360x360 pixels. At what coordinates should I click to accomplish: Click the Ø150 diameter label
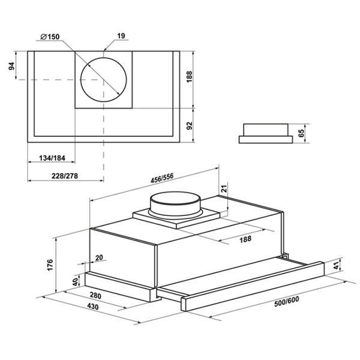click(x=50, y=37)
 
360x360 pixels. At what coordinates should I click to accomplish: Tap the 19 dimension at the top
click(x=121, y=36)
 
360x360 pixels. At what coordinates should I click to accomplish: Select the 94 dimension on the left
click(x=11, y=66)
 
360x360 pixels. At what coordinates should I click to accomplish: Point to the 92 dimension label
click(x=190, y=125)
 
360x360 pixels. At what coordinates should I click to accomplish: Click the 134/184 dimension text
click(x=52, y=158)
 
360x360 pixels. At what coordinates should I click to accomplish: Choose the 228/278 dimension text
click(x=65, y=176)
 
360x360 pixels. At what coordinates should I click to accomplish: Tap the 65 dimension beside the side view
click(x=301, y=133)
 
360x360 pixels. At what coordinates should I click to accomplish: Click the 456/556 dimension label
click(x=162, y=178)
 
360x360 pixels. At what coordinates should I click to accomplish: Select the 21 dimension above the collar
click(x=224, y=188)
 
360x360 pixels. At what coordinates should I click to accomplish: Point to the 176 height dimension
click(x=50, y=265)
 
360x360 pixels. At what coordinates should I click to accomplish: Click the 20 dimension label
click(x=99, y=258)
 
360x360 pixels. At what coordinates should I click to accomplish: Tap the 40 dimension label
click(x=75, y=282)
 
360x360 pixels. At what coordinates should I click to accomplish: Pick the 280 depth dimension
click(x=95, y=295)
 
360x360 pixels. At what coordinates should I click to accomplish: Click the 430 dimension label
click(x=93, y=306)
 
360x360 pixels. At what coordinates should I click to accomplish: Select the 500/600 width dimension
click(x=287, y=301)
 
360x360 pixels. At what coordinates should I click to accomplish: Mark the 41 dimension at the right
click(x=336, y=266)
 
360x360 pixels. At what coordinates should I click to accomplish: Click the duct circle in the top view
click(x=104, y=80)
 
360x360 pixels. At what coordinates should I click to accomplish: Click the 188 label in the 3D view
click(x=245, y=239)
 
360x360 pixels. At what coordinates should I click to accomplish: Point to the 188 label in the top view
click(x=190, y=77)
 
